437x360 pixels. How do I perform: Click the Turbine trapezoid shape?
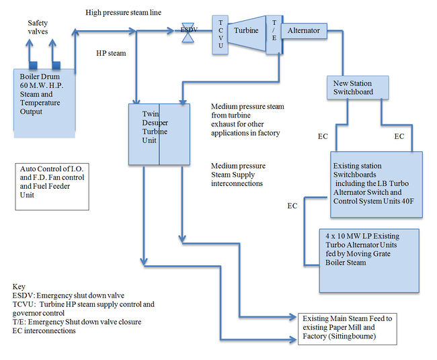tap(245, 31)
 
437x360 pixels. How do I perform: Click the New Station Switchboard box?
tap(360, 88)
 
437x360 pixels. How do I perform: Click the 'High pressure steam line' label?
tap(124, 13)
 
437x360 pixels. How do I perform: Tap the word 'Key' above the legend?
tap(19, 287)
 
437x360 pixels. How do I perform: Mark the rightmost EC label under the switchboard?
tap(399, 136)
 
